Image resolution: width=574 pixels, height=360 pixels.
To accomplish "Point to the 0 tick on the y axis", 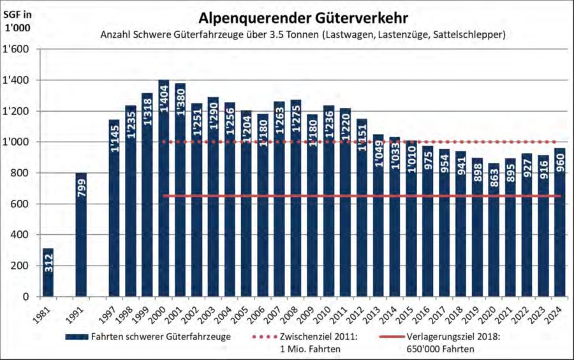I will [x=27, y=297].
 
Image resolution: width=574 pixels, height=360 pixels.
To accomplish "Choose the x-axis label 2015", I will [x=410, y=312].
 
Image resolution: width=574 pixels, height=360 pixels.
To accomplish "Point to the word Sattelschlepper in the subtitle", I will [x=468, y=34].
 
